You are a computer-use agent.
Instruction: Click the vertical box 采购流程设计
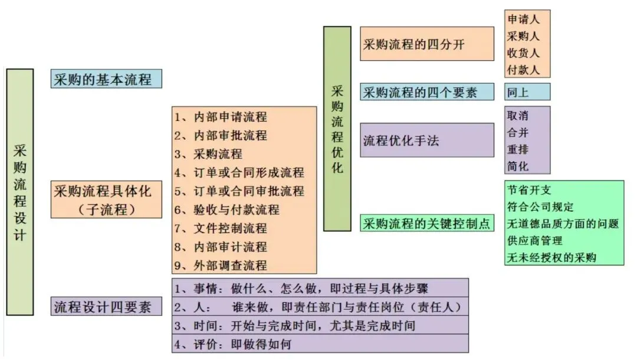[20, 192]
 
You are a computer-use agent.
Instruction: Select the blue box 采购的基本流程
[106, 79]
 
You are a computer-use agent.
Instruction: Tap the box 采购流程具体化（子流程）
[106, 199]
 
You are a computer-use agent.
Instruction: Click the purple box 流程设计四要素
[106, 307]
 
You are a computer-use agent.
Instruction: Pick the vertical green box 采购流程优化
[337, 129]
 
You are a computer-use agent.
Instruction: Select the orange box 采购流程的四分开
[427, 44]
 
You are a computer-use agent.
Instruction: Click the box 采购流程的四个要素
[427, 92]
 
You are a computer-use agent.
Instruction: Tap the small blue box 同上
[527, 92]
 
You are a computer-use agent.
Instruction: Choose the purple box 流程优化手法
[427, 140]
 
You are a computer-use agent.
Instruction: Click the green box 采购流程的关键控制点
[427, 223]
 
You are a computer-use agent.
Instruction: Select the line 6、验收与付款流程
[227, 210]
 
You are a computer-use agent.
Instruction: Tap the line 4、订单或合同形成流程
[239, 172]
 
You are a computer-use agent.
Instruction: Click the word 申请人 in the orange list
[523, 19]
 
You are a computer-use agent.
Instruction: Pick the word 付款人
[523, 69]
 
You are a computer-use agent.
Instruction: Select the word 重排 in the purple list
[518, 149]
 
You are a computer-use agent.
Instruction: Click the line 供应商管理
[534, 240]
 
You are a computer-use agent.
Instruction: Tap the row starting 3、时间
[295, 325]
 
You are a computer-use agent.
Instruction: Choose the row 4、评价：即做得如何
[233, 343]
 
